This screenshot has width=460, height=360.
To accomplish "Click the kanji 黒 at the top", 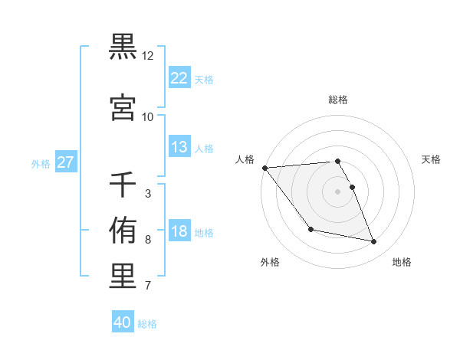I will (123, 47).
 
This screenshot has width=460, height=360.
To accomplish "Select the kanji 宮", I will (123, 108).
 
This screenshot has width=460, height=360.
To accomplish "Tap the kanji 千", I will (123, 185).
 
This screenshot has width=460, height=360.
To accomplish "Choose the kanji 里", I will (123, 277).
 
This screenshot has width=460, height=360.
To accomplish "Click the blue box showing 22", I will (179, 78).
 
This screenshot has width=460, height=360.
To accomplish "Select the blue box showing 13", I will (179, 147).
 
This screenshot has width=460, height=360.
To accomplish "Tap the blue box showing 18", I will (179, 231).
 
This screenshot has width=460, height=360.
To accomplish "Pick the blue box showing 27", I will (65, 162).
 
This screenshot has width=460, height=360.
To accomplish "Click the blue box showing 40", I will (123, 322).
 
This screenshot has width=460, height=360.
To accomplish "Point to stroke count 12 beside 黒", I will (148, 56).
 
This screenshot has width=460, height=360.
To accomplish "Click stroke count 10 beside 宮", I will (148, 117).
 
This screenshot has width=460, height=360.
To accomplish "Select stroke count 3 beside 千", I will (148, 194).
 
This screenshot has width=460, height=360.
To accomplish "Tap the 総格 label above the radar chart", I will (338, 100).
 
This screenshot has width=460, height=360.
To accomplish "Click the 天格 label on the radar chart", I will (432, 159).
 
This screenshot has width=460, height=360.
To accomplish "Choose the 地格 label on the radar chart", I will (402, 262).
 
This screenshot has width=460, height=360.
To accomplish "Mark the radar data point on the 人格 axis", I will (264, 168).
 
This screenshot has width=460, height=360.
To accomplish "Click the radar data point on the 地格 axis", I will (374, 242).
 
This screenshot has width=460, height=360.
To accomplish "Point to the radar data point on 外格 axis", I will (310, 229).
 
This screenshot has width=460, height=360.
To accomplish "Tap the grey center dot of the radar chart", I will (338, 191).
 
